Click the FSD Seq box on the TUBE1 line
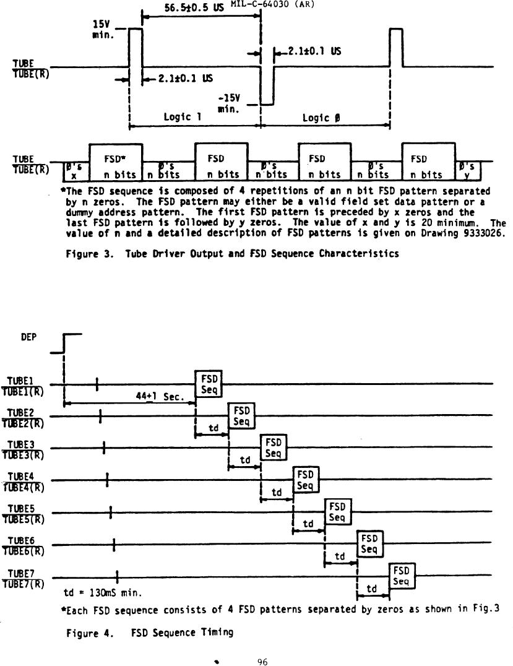pyautogui.click(x=208, y=384)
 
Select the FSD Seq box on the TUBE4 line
pyautogui.click(x=306, y=480)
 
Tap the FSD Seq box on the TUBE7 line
pyautogui.click(x=401, y=576)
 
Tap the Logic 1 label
pyautogui.click(x=183, y=117)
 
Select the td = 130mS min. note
pyautogui.click(x=103, y=593)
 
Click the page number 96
pyautogui.click(x=262, y=661)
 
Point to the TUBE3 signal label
pyautogui.click(x=25, y=448)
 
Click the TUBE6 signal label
pyautogui.click(x=25, y=545)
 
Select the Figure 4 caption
pyautogui.click(x=150, y=632)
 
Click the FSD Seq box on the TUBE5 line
pyautogui.click(x=337, y=511)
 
